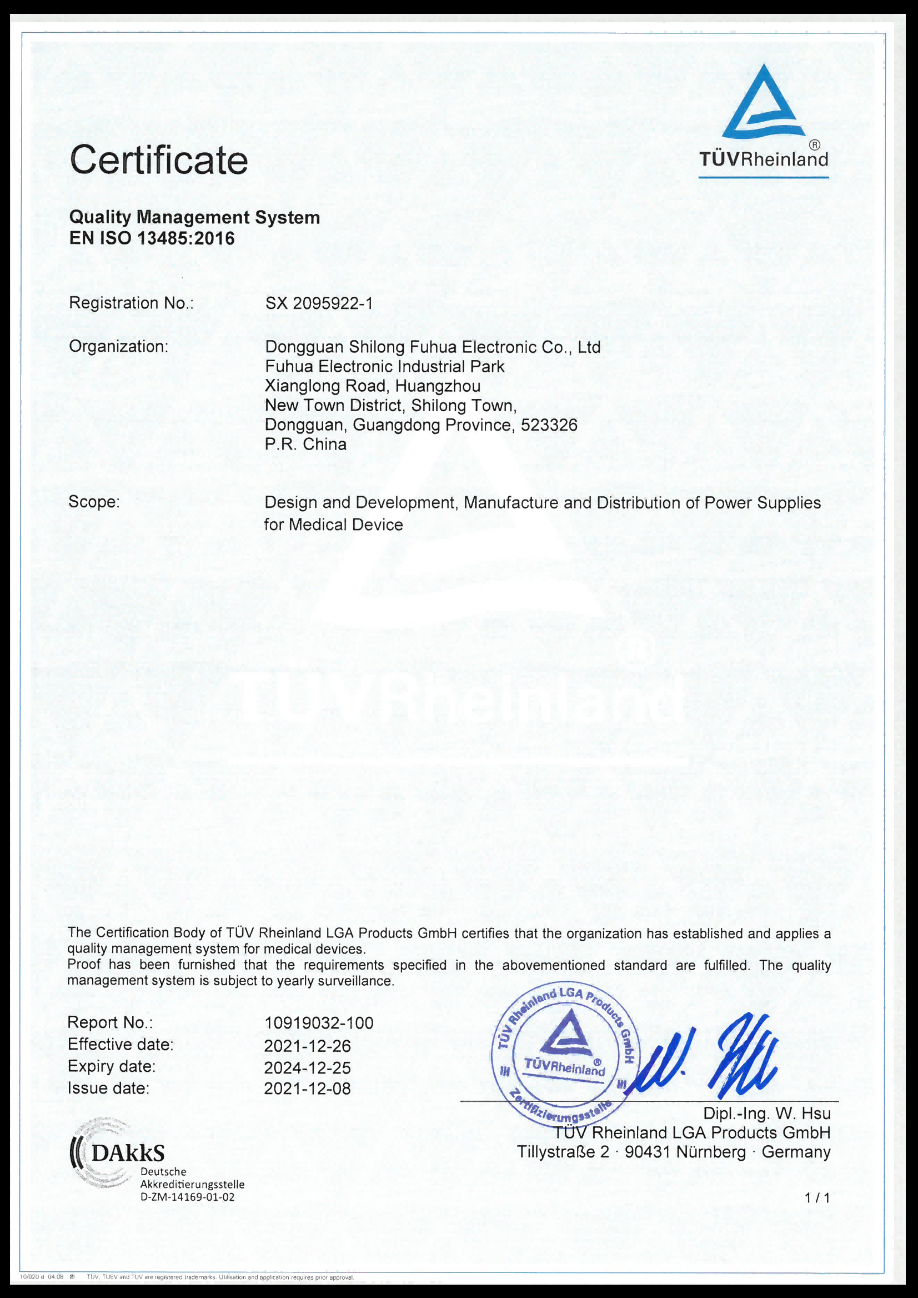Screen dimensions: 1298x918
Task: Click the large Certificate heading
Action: click(x=159, y=160)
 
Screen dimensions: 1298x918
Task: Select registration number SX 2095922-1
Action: click(x=319, y=304)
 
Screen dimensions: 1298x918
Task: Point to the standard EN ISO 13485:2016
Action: click(x=152, y=239)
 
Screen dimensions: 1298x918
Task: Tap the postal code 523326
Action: click(x=549, y=425)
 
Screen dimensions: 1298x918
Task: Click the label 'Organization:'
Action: click(x=119, y=346)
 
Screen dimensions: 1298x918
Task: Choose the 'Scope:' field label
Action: click(x=94, y=502)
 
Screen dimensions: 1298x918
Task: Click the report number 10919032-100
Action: click(x=319, y=1023)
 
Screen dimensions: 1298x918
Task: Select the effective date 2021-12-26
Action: click(x=308, y=1046)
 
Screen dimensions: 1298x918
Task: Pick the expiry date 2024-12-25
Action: click(x=308, y=1068)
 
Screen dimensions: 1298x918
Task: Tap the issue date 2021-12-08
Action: click(x=308, y=1089)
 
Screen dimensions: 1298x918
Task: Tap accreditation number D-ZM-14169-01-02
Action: click(x=187, y=1197)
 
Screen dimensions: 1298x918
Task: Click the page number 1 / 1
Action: click(x=817, y=1197)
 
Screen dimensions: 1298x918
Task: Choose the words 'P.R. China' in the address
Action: click(x=306, y=445)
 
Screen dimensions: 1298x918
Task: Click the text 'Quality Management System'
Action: click(x=194, y=217)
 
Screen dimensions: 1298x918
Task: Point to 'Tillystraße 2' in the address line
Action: click(x=563, y=1152)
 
